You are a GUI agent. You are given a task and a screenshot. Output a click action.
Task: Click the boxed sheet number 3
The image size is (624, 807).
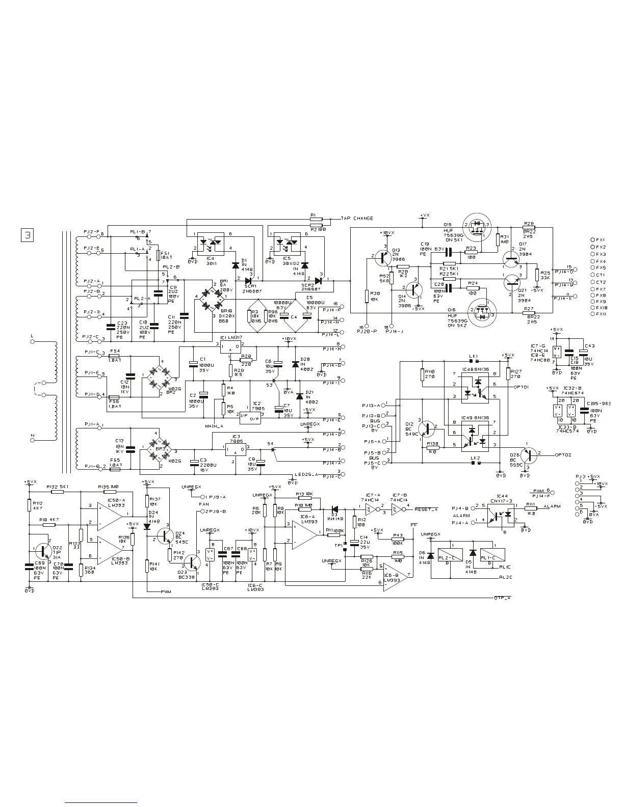click(x=27, y=235)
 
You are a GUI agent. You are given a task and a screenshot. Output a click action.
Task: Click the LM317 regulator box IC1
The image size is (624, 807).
click(x=230, y=346)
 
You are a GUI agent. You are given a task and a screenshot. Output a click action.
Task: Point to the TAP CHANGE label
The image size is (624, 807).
click(x=356, y=218)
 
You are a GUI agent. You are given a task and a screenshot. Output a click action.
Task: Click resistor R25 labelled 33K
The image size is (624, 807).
click(x=537, y=275)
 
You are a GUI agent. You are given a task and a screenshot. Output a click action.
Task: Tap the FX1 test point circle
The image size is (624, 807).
click(x=592, y=239)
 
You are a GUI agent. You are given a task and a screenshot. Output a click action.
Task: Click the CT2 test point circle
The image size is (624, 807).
click(x=592, y=282)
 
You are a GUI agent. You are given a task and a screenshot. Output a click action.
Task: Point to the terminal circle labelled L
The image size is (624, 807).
click(x=32, y=342)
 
